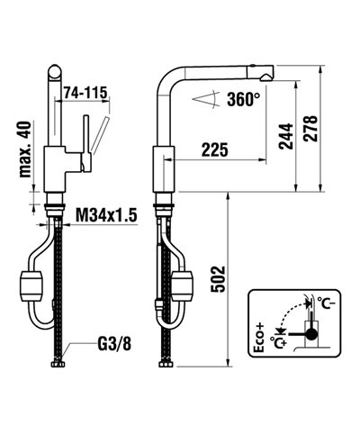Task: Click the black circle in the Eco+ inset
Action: [310, 334]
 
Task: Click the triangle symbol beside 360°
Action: [212, 101]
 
